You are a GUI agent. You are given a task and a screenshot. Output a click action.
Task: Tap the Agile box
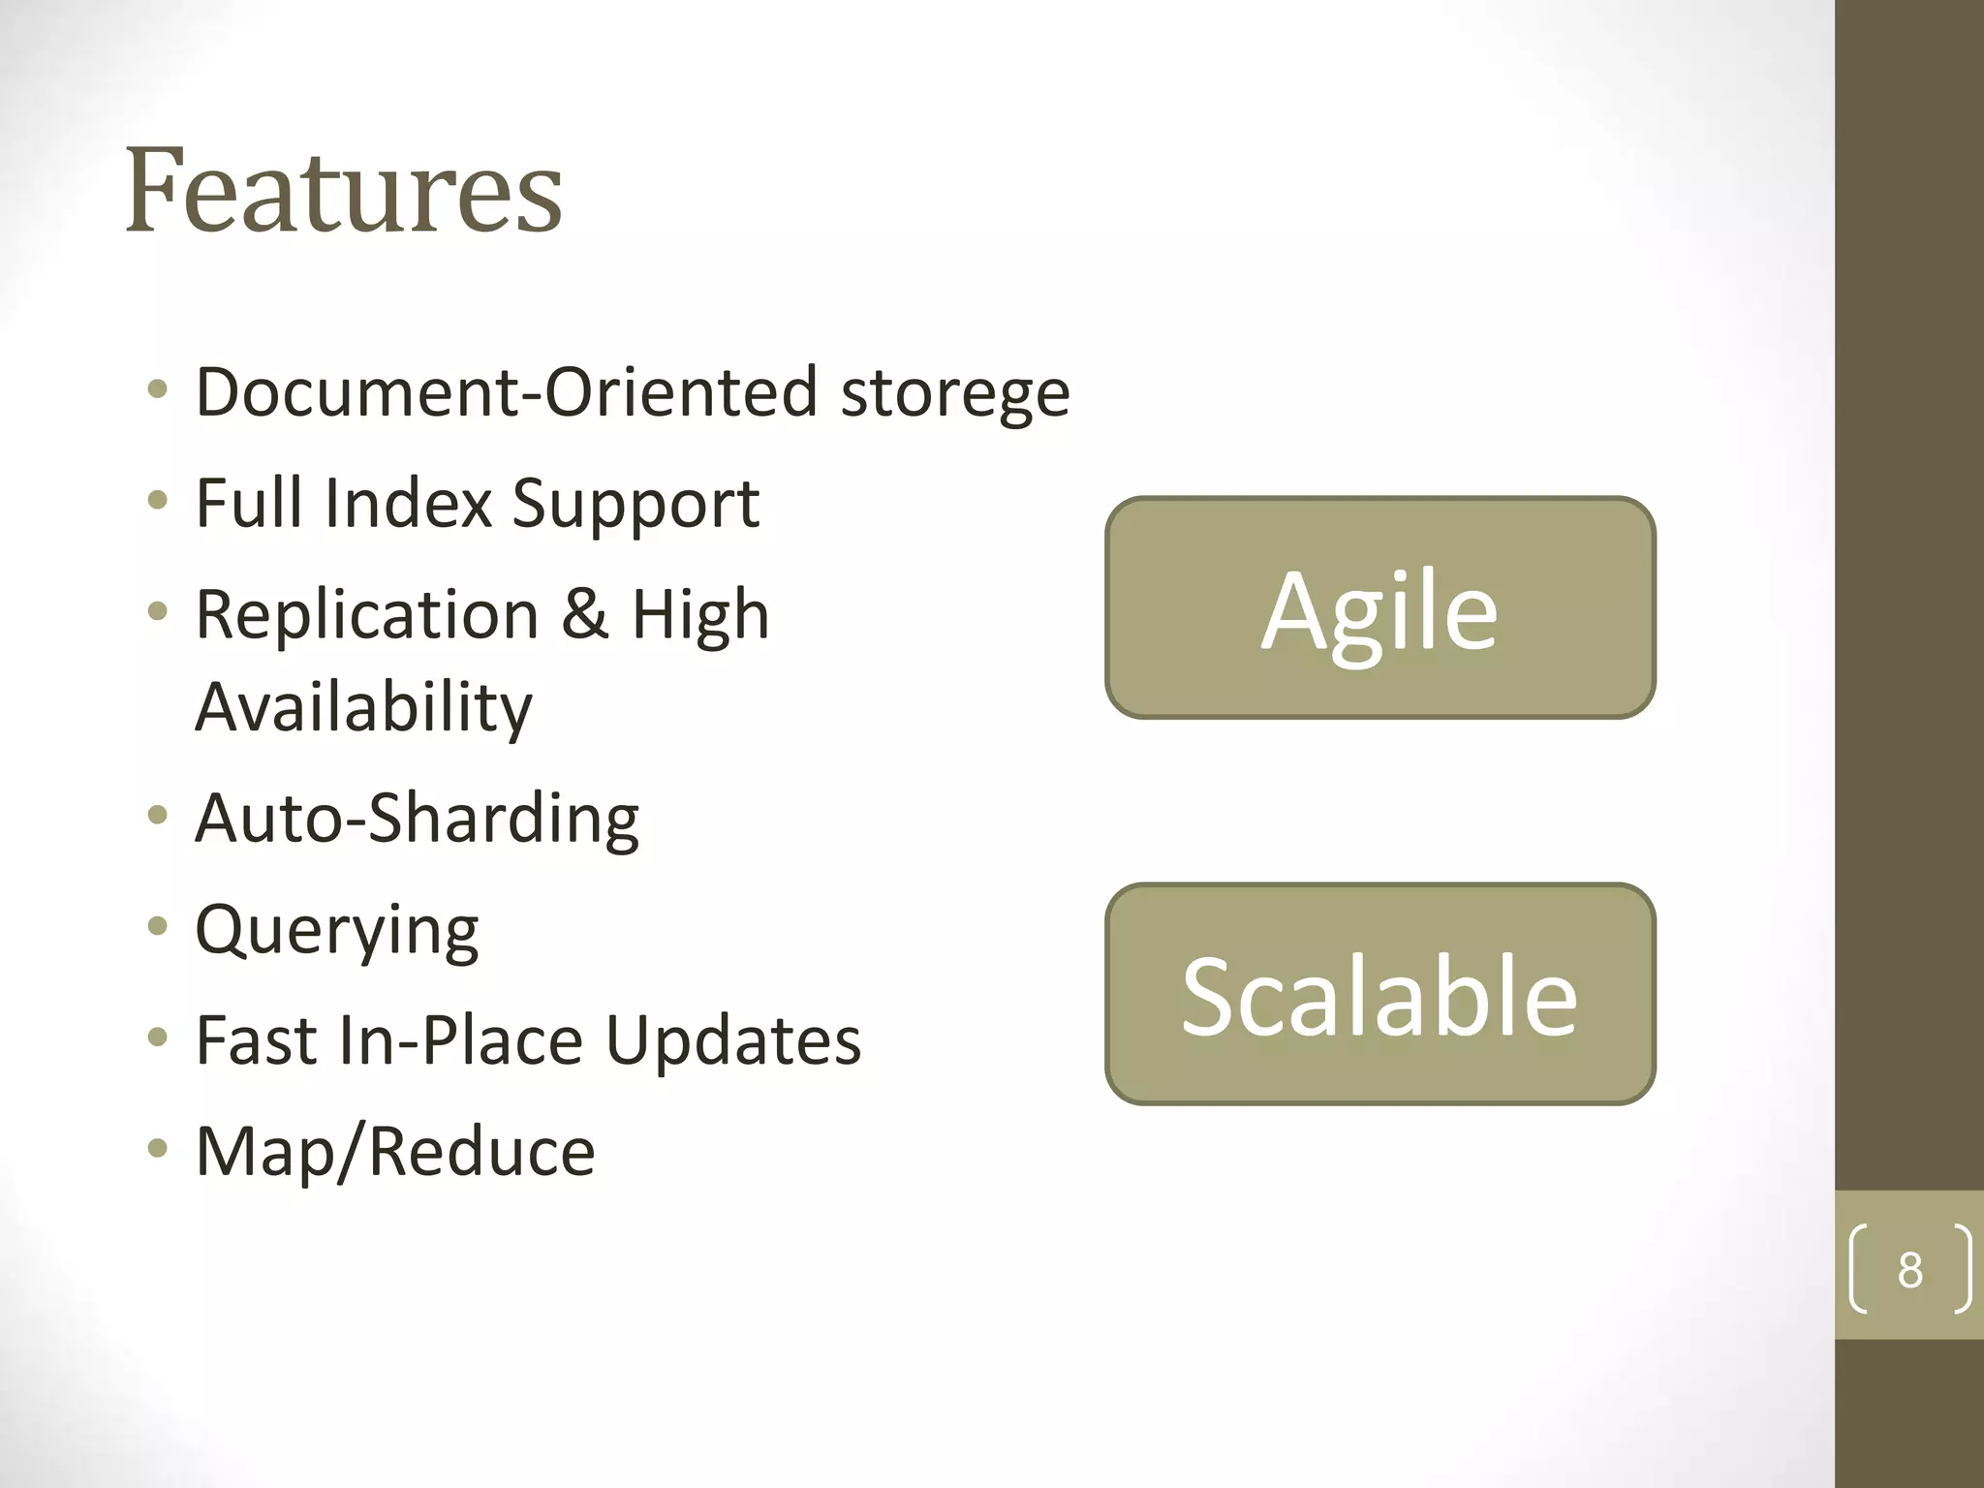pyautogui.click(x=1379, y=608)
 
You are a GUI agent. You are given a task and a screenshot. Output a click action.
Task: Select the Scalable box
pyautogui.click(x=1379, y=994)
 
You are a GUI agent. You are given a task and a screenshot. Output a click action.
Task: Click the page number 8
pyautogui.click(x=1909, y=1269)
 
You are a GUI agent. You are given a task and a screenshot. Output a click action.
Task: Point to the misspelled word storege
pyautogui.click(x=955, y=393)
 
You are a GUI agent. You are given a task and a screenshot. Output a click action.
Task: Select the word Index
pyautogui.click(x=408, y=503)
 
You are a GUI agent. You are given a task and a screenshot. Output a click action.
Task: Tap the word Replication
pyautogui.click(x=367, y=614)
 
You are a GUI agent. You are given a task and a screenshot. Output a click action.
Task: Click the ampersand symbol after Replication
pyautogui.click(x=585, y=614)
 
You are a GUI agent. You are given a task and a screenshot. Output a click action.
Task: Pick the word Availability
pyautogui.click(x=363, y=707)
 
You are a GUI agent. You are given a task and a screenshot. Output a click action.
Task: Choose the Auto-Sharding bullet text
pyautogui.click(x=417, y=819)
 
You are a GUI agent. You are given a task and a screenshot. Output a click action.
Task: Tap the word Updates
pyautogui.click(x=733, y=1041)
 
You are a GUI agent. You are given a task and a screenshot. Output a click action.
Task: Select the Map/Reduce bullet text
pyautogui.click(x=395, y=1153)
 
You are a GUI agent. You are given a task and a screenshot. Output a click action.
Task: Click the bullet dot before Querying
pyautogui.click(x=158, y=928)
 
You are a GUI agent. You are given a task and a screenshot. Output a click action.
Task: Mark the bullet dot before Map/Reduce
pyautogui.click(x=158, y=1150)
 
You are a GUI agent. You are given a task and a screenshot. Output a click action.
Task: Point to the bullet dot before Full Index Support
pyautogui.click(x=158, y=501)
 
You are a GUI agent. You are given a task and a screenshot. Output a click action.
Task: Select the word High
pyautogui.click(x=700, y=614)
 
